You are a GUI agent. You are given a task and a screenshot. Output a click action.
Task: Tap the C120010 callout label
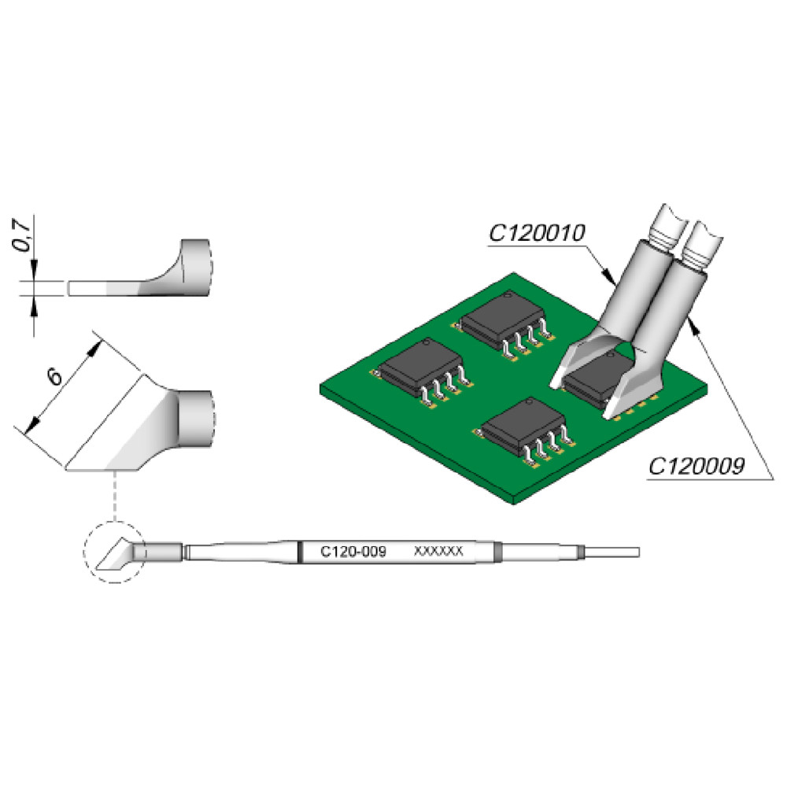pyautogui.click(x=537, y=233)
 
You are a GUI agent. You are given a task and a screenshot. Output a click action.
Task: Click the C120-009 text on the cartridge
pyautogui.click(x=353, y=552)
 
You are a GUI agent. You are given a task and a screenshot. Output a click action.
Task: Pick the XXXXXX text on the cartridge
pyautogui.click(x=438, y=551)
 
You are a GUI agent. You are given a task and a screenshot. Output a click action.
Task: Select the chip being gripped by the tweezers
pyautogui.click(x=597, y=380)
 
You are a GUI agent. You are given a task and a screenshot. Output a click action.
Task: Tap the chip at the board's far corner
pyautogui.click(x=504, y=325)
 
